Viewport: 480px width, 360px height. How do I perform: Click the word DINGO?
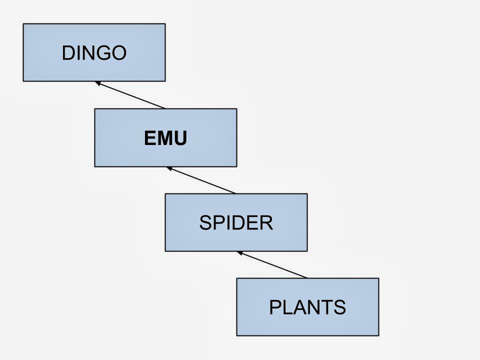94,53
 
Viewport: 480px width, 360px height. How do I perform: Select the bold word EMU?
165,138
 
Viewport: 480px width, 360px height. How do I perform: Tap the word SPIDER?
236,223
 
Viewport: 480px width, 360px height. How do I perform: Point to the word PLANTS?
307,307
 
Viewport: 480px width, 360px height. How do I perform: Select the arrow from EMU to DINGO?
131,95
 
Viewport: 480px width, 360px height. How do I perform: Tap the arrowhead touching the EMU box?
170,168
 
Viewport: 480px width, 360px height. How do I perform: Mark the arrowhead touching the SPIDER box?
240,253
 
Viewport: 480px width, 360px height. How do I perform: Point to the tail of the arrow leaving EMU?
164,108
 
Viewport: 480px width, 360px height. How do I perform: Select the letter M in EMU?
165,138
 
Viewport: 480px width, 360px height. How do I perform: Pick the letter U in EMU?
180,138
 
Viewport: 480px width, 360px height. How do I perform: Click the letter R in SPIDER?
266,223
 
